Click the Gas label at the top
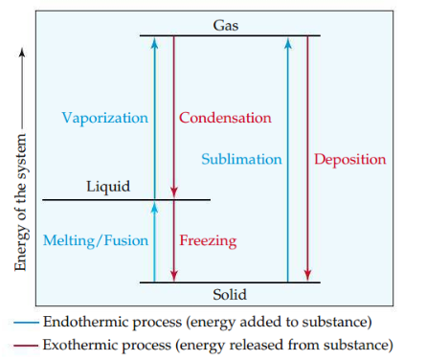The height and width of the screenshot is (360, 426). coord(227,26)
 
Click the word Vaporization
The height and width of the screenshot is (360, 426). coord(105,118)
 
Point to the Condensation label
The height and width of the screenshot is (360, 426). coord(225,118)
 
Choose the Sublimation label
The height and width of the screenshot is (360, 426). coord(241,159)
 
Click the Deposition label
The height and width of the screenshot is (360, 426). coord(350,159)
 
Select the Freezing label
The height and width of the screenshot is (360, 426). coord(208,239)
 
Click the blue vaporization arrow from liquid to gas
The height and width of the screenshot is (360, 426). coord(155,115)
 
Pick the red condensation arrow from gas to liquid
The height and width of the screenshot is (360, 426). coord(172,115)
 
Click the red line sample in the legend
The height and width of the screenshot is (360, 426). coord(26,344)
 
